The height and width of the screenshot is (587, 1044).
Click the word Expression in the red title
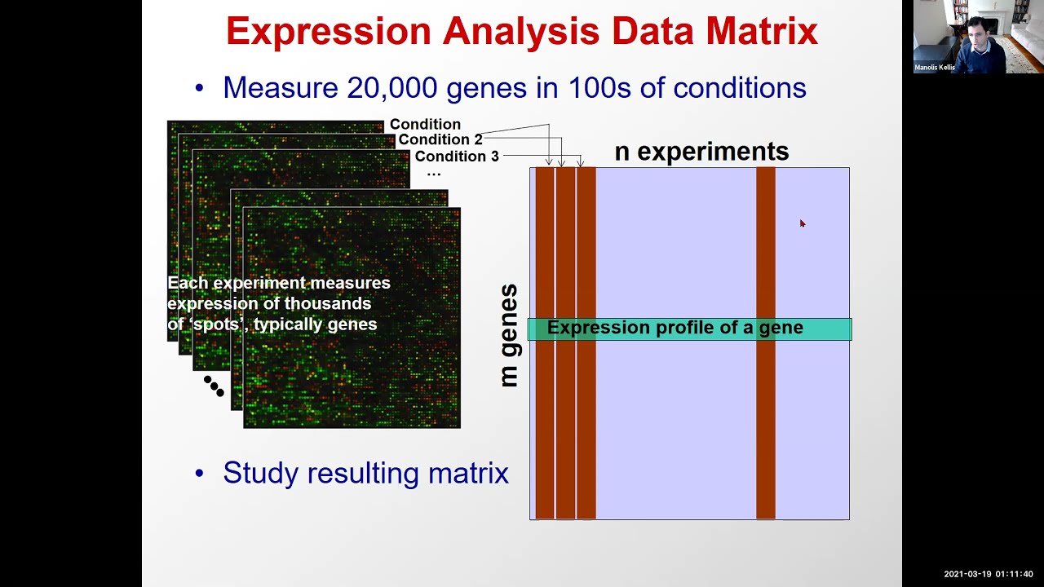click(328, 32)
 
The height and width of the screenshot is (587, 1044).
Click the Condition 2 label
click(440, 139)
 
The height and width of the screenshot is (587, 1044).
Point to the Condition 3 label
click(456, 156)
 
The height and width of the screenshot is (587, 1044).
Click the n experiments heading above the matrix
click(701, 152)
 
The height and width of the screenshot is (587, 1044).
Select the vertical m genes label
click(509, 335)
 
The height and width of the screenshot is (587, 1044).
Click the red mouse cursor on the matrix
click(802, 223)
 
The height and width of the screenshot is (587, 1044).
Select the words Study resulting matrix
click(365, 473)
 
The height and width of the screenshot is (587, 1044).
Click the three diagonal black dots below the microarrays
click(214, 386)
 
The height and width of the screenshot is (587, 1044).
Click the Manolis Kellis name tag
click(935, 68)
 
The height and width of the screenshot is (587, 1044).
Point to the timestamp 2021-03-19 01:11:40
click(988, 575)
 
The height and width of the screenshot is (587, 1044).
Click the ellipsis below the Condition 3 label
click(433, 173)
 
